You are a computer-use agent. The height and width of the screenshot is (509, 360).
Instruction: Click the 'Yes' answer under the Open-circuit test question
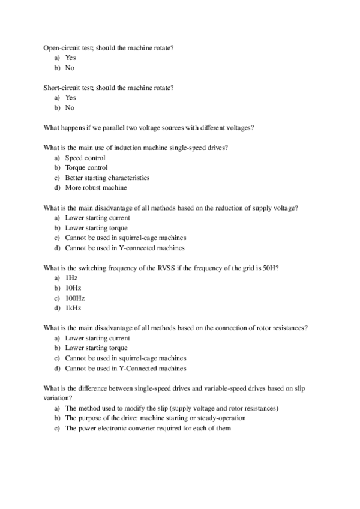pyautogui.click(x=70, y=58)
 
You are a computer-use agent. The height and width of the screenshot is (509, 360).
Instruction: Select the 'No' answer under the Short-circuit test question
pyautogui.click(x=70, y=108)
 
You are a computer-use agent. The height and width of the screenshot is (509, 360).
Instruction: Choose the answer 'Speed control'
pyautogui.click(x=85, y=158)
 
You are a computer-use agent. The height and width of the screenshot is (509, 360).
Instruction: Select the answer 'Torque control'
pyautogui.click(x=86, y=168)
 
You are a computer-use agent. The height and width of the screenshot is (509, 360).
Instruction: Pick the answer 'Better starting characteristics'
pyautogui.click(x=107, y=178)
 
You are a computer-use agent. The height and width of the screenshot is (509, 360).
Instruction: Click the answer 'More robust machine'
pyautogui.click(x=96, y=188)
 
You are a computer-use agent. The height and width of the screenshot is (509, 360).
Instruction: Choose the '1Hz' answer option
pyautogui.click(x=71, y=278)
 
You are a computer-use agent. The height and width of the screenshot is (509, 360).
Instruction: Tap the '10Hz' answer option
pyautogui.click(x=73, y=288)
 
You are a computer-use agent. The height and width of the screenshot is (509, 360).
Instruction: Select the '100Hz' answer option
pyautogui.click(x=74, y=298)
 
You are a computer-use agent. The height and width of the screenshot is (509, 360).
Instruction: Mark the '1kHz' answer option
pyautogui.click(x=73, y=308)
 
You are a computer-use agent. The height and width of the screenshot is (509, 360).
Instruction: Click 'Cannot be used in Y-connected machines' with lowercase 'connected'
pyautogui.click(x=125, y=248)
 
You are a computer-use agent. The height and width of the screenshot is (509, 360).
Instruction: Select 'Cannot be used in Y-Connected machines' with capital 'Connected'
pyautogui.click(x=125, y=368)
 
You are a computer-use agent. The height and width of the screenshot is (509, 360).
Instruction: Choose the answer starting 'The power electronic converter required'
pyautogui.click(x=148, y=428)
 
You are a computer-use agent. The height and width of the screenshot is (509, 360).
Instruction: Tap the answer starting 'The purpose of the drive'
pyautogui.click(x=155, y=418)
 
